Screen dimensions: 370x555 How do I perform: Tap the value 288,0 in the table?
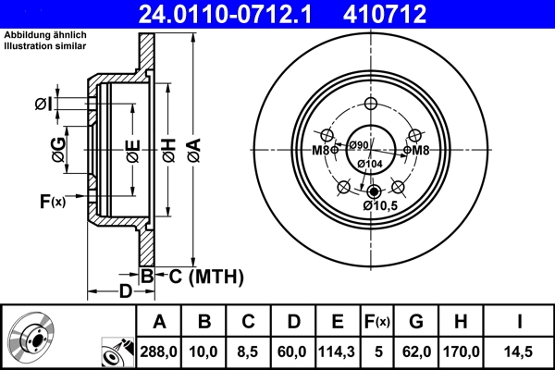pyautogui.click(x=159, y=351)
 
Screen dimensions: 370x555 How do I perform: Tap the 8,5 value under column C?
pyautogui.click(x=248, y=351)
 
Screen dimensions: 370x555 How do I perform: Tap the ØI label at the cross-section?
pyautogui.click(x=43, y=105)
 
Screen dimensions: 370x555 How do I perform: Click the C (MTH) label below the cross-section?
pyautogui.click(x=202, y=275)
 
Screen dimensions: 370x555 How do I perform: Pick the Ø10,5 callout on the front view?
pyautogui.click(x=380, y=205)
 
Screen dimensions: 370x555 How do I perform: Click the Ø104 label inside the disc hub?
pyautogui.click(x=370, y=164)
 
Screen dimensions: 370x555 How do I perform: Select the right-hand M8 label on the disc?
pyautogui.click(x=420, y=150)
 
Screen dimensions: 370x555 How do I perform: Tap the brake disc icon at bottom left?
pyautogui.click(x=32, y=337)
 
